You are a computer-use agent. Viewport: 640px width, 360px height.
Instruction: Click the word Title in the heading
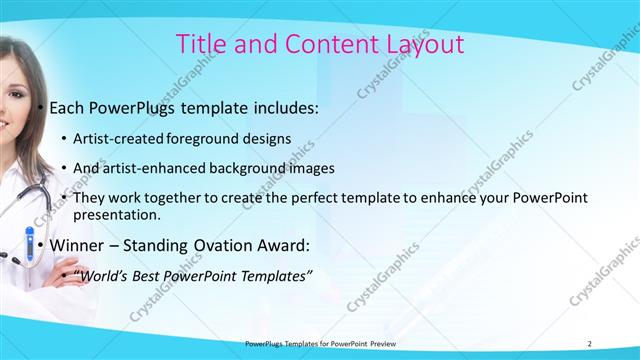tap(199, 44)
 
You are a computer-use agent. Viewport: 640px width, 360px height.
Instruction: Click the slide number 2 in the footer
tap(590, 343)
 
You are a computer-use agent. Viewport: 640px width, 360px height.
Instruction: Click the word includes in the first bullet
tap(282, 107)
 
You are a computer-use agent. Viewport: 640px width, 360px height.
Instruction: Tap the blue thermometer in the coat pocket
tap(29, 248)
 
